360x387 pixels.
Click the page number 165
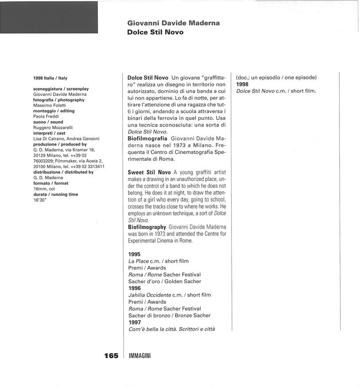tap(111, 355)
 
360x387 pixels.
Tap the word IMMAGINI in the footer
tap(139, 356)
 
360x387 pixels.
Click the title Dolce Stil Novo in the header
tap(155, 32)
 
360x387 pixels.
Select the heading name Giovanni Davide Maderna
tap(173, 23)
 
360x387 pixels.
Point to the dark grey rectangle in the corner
tap(49, 17)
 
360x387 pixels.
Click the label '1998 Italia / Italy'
tap(50, 78)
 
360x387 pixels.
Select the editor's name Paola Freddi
tap(46, 116)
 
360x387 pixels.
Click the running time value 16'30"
tap(40, 200)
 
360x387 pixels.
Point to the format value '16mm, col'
tap(44, 189)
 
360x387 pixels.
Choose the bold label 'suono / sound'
tap(48, 122)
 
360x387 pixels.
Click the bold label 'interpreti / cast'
tap(49, 133)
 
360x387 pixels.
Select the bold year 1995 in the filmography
tap(134, 254)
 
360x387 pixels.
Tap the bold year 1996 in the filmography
tap(134, 288)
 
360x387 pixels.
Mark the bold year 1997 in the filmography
tap(134, 322)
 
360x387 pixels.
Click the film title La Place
tap(138, 261)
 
